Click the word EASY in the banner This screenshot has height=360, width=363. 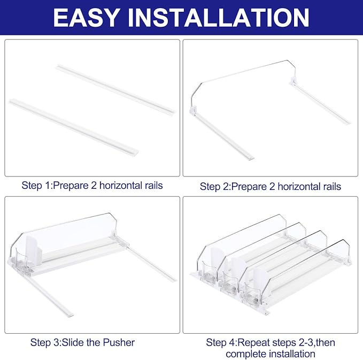86,18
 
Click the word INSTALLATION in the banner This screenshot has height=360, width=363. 218,18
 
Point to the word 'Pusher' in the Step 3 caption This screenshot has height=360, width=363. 119,342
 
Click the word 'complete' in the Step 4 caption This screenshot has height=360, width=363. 246,354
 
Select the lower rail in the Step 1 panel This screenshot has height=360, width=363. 74,127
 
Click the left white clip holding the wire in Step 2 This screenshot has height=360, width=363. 193,110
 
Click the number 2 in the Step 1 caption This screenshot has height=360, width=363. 94,186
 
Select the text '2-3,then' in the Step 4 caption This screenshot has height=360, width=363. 316,343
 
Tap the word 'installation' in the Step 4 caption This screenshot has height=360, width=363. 292,354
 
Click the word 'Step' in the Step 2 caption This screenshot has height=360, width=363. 208,187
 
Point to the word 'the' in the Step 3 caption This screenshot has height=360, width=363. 94,342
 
